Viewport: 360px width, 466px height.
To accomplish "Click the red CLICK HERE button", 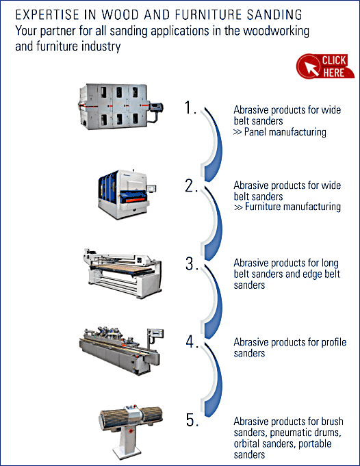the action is [325, 66].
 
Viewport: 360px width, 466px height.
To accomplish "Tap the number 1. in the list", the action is [190, 107].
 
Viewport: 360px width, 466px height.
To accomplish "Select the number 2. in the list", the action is [191, 185].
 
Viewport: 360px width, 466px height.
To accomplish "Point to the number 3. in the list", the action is [192, 263].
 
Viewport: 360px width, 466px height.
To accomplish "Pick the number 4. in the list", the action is [192, 341].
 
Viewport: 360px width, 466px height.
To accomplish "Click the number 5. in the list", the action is [192, 419].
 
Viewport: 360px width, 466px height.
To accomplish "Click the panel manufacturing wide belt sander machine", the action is [120, 106].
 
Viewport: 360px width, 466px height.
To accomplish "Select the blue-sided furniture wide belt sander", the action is [127, 194].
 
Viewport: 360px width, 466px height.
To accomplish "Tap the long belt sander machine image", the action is [123, 273].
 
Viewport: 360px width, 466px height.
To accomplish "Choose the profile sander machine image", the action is [122, 350].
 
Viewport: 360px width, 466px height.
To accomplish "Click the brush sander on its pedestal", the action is [131, 432].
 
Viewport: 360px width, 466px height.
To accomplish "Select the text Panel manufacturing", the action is [285, 131].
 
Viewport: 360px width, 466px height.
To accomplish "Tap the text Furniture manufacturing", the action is [293, 207].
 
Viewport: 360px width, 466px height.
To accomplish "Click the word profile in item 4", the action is [334, 342].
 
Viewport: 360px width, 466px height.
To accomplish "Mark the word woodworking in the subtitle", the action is [279, 31].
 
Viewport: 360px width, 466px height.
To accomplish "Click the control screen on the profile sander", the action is [156, 333].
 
